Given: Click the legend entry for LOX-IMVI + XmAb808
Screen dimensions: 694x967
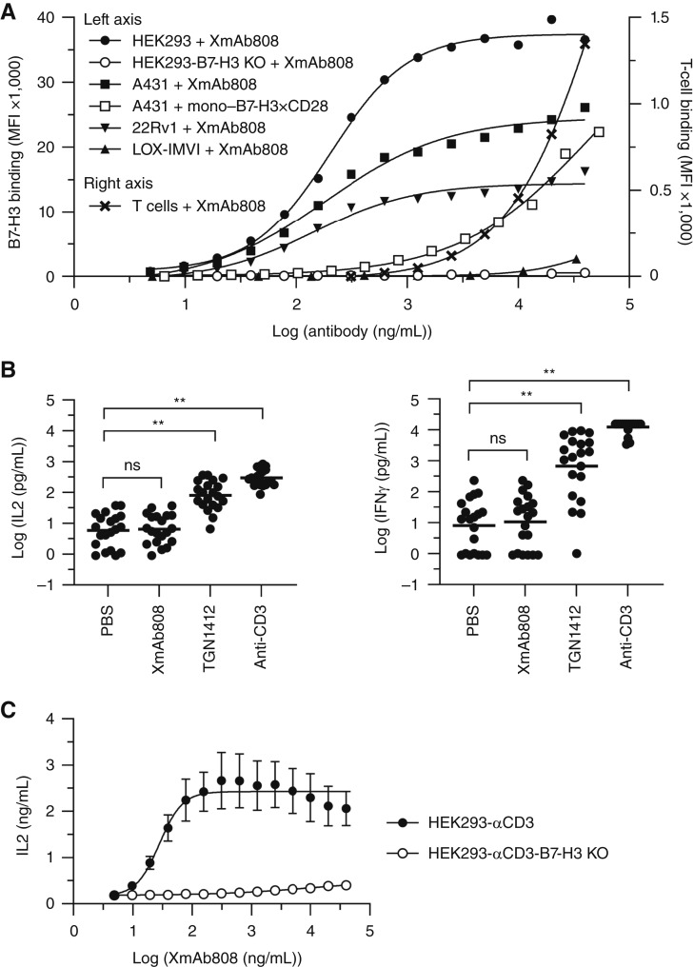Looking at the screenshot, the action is [188, 149].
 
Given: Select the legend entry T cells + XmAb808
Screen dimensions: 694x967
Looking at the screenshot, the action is [177, 206].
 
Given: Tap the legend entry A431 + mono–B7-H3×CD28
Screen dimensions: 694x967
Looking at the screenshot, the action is [208, 106].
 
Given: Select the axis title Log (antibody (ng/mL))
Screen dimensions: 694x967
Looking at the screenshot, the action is [351, 331].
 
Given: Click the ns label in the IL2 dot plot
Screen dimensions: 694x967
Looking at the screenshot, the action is [132, 465].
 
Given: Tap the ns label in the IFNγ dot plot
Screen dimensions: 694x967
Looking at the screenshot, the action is [498, 439].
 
